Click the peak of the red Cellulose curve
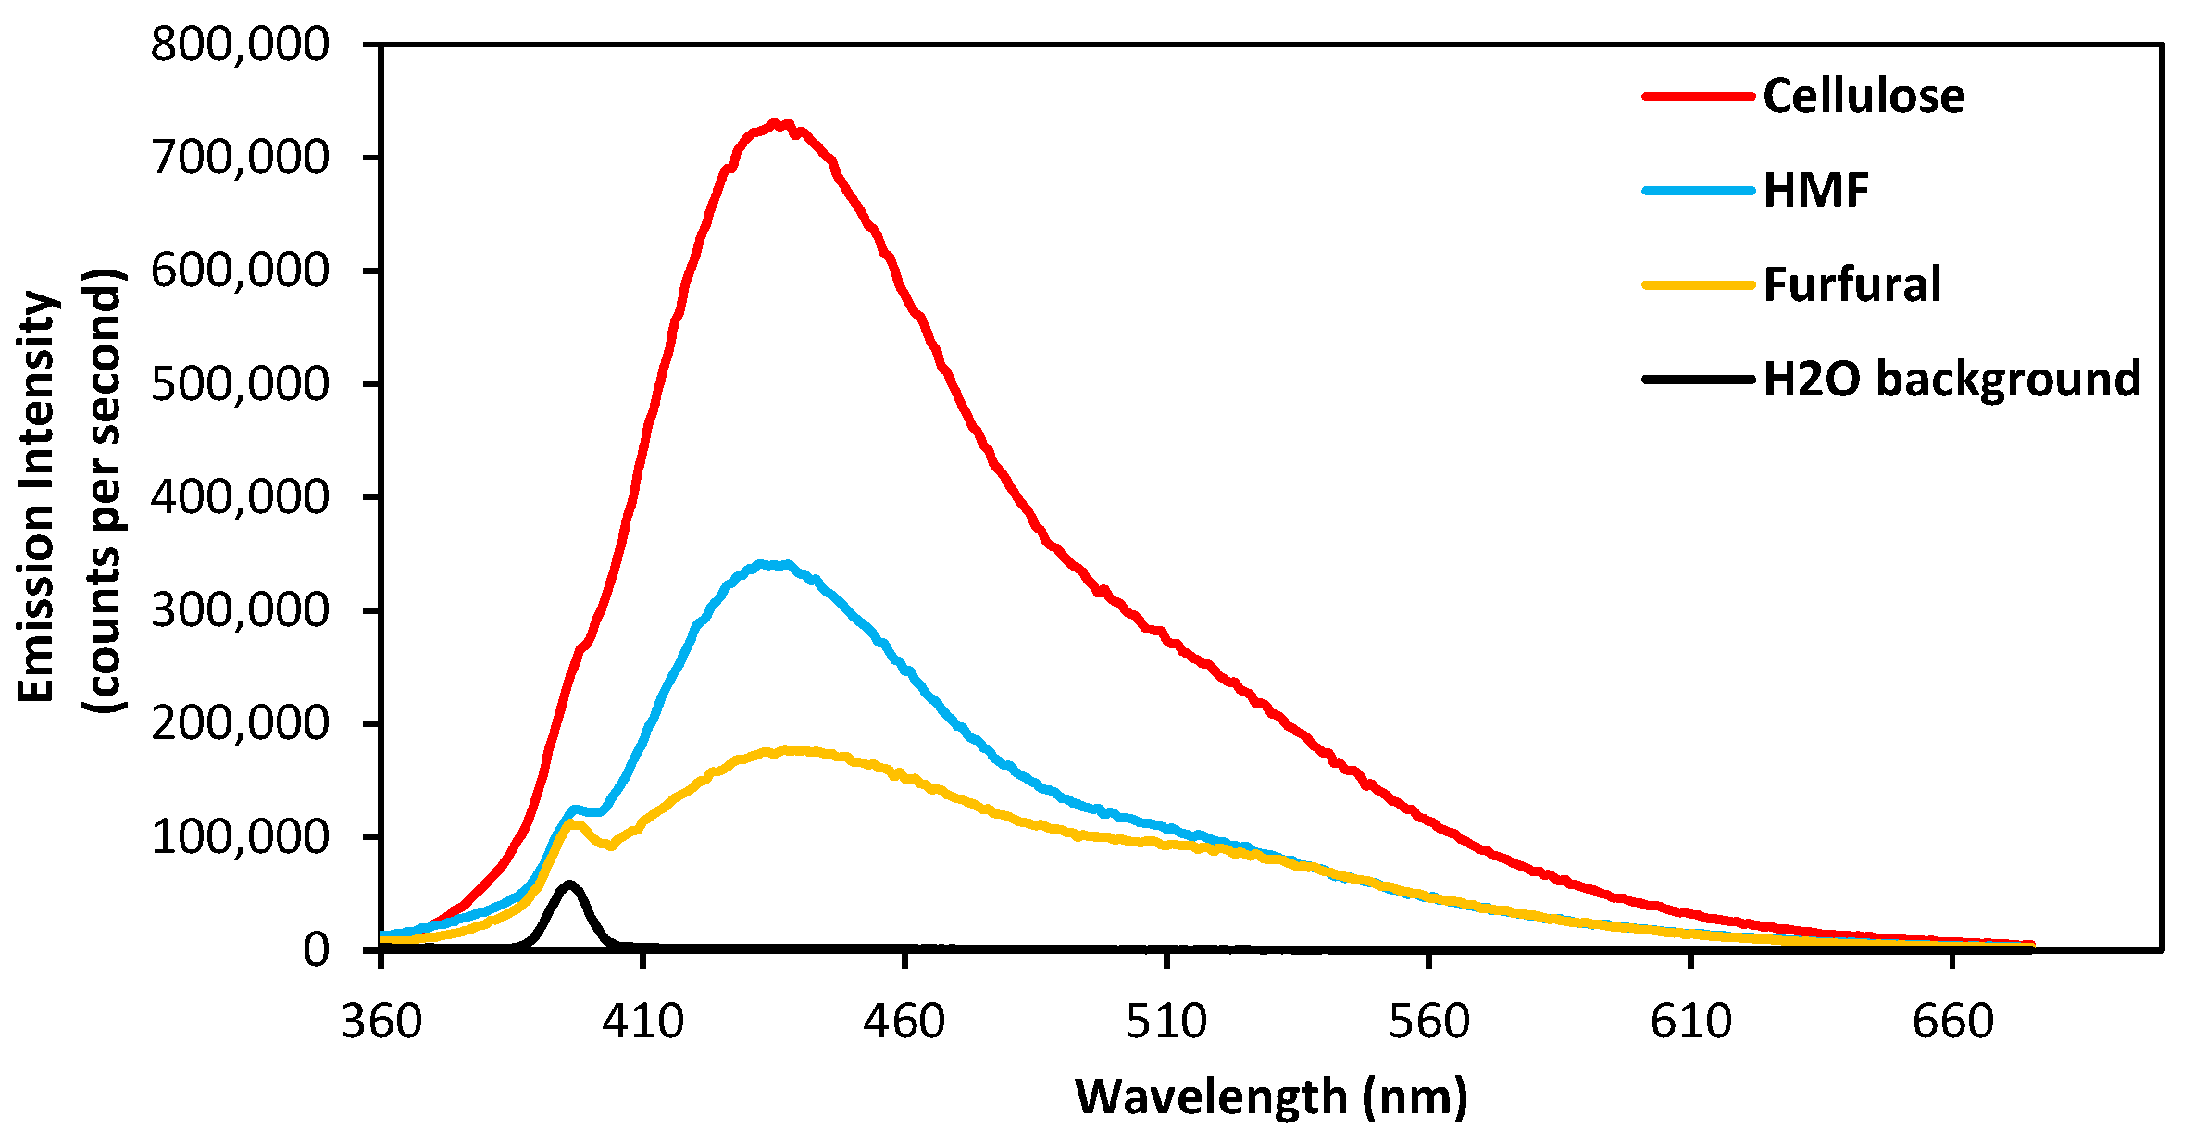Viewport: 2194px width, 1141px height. [776, 123]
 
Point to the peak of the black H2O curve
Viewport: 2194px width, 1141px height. [569, 884]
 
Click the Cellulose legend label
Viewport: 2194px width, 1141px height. [1864, 95]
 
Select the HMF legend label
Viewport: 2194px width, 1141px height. [1816, 190]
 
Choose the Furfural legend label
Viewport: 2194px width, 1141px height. [1851, 284]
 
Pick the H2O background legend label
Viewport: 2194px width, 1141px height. [1951, 379]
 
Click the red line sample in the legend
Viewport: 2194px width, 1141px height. [1699, 96]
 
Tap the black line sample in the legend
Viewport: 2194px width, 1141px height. [1699, 380]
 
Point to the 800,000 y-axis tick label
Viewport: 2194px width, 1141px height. [240, 44]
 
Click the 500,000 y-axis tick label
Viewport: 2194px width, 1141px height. [240, 383]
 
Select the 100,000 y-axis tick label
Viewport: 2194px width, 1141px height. [240, 836]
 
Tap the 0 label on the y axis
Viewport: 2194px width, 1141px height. [316, 950]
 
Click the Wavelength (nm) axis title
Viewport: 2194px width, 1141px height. [1271, 1097]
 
